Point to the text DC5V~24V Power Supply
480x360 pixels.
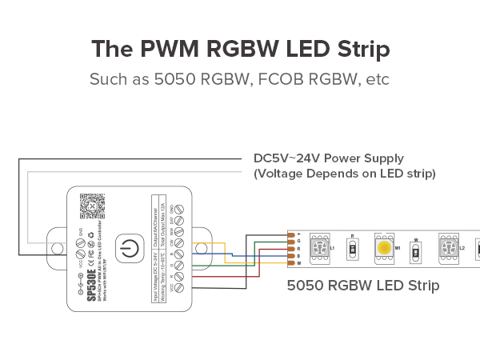tap(328, 158)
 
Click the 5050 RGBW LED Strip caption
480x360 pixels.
tap(363, 285)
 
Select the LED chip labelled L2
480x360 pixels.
tap(449, 248)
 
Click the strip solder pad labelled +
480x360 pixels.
tap(291, 233)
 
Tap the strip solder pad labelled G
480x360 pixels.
tap(291, 241)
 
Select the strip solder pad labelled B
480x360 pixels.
tap(291, 255)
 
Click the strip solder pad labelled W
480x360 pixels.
tap(291, 262)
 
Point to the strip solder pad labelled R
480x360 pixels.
tap(291, 248)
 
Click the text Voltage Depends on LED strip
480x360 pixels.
tap(344, 173)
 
